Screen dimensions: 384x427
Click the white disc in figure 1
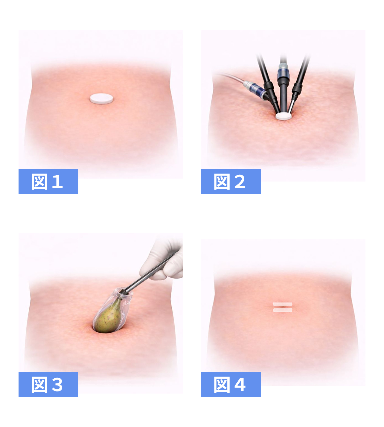pyautogui.click(x=101, y=99)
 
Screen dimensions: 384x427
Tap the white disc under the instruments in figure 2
pyautogui.click(x=284, y=116)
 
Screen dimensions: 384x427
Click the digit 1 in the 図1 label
pyautogui.click(x=57, y=181)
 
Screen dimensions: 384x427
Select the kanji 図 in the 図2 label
pyautogui.click(x=222, y=182)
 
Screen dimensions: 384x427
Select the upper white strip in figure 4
pyautogui.click(x=283, y=304)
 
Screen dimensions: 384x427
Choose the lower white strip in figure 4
pyautogui.click(x=283, y=310)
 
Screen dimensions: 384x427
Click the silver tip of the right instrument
pyautogui.click(x=291, y=106)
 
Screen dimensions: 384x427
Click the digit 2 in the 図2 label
pyautogui.click(x=240, y=181)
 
